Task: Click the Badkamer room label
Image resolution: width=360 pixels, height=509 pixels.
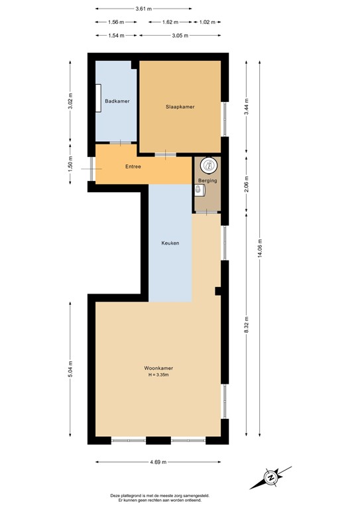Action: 117,101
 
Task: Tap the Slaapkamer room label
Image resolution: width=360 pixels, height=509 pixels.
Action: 180,106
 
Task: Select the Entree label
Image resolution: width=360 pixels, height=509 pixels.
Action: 133,166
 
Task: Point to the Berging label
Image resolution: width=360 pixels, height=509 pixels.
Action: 207,180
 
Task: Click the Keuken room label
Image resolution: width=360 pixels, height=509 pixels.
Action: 170,243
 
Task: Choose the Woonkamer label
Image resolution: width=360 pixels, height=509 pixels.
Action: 158,368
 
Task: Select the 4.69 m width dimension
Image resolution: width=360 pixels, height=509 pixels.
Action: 157,462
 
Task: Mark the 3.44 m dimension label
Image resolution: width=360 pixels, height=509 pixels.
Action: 246,107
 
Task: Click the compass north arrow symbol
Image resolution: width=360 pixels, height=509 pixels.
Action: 272,477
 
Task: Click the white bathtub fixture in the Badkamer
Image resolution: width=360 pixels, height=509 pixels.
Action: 99,101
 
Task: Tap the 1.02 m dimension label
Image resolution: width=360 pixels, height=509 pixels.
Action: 208,22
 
